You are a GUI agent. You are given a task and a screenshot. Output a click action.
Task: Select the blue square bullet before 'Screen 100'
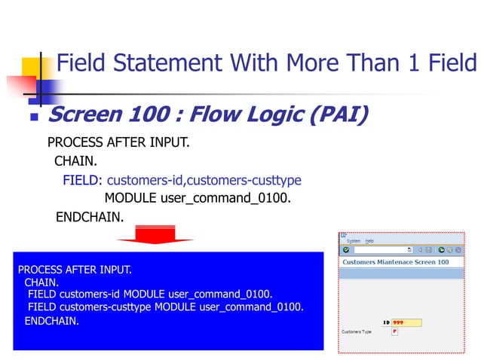[33, 118]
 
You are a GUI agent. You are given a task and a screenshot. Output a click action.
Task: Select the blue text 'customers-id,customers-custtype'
[204, 180]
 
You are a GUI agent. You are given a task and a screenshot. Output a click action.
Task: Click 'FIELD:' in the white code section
[83, 180]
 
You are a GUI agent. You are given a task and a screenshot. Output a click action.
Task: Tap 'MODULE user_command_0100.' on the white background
[197, 199]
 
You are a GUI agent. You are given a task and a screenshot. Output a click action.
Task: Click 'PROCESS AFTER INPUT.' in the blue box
[75, 269]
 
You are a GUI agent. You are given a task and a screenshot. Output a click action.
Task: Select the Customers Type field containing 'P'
[394, 332]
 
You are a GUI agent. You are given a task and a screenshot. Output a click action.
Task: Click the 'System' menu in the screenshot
[353, 241]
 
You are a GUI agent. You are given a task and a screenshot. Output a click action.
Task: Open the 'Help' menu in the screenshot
[369, 241]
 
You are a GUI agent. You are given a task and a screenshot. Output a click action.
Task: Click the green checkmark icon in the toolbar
[346, 249]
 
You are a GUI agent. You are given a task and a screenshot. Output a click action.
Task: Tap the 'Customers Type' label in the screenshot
[357, 332]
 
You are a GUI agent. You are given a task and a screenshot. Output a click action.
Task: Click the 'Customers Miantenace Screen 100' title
[395, 262]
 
